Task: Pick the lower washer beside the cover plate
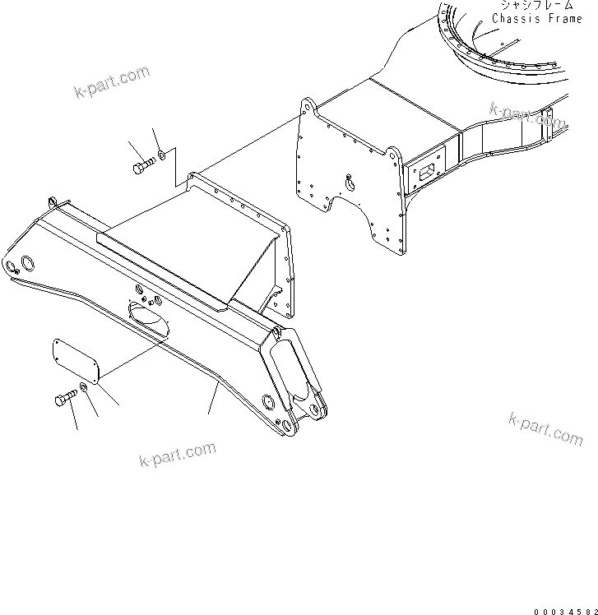pyautogui.click(x=85, y=388)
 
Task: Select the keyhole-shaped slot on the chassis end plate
pyautogui.click(x=350, y=182)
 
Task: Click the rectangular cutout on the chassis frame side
pyautogui.click(x=428, y=173)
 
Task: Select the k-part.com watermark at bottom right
pyautogui.click(x=545, y=428)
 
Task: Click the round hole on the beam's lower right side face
pyautogui.click(x=267, y=402)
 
